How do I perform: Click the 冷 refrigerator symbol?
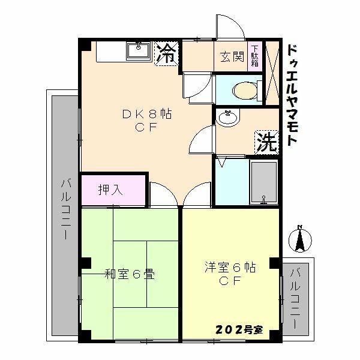[x=167, y=54]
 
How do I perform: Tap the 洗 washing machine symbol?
[x=266, y=142]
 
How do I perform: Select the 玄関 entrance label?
[x=230, y=57]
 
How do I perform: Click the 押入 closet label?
[x=111, y=190]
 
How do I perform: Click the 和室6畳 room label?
[x=130, y=275]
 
